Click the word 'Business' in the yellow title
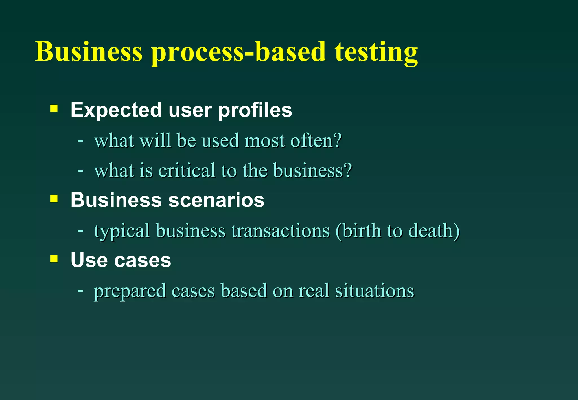[89, 52]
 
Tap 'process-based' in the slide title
[238, 52]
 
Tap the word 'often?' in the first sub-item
[316, 140]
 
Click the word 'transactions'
[281, 230]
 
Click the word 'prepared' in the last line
[130, 291]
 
